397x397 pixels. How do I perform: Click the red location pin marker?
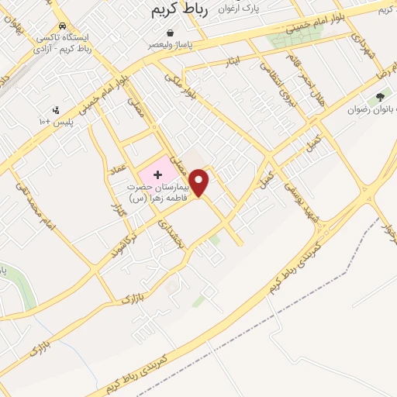point(200,181)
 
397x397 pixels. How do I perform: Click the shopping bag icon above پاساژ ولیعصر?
point(170,33)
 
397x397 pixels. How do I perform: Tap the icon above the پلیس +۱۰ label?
point(55,110)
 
